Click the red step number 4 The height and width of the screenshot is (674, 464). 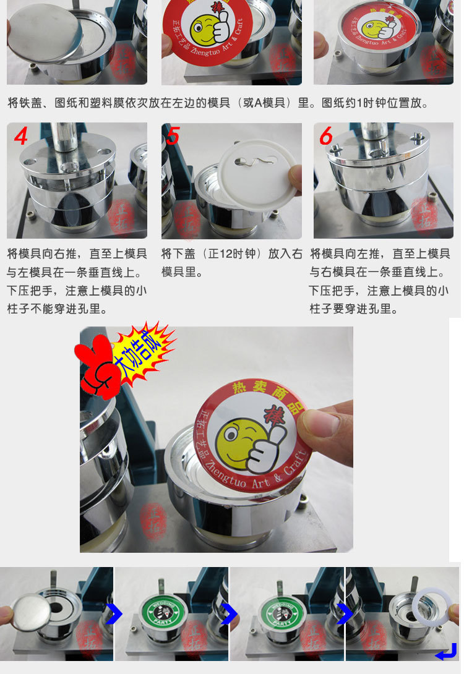click(x=20, y=136)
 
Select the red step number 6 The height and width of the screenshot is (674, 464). click(x=326, y=135)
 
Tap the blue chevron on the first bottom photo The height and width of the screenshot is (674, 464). click(x=113, y=614)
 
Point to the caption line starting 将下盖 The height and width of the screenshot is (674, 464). click(x=231, y=254)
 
